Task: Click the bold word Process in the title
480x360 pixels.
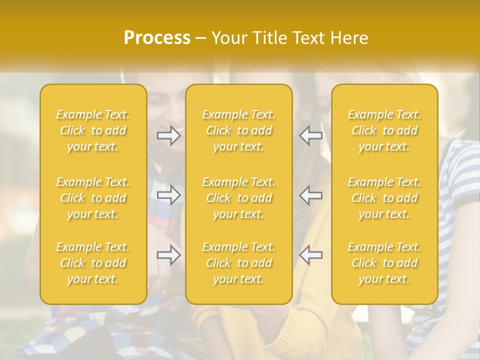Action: (157, 38)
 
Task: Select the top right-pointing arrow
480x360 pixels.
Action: (168, 136)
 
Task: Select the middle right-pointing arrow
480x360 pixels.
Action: (168, 195)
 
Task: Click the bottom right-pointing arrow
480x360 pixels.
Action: (168, 255)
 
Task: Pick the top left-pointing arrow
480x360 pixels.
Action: (311, 136)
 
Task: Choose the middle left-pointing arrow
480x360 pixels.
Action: (311, 195)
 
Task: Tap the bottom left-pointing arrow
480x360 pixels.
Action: (311, 255)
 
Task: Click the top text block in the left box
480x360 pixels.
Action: (93, 130)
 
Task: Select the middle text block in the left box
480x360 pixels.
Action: (93, 198)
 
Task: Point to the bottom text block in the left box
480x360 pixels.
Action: (93, 263)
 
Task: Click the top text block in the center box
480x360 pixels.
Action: (239, 130)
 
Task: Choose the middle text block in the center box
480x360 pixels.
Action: (239, 198)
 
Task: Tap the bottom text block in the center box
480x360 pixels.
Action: (239, 263)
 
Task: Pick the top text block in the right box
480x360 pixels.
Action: (384, 130)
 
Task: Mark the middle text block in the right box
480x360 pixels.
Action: (384, 198)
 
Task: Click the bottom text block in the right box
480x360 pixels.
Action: (384, 263)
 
